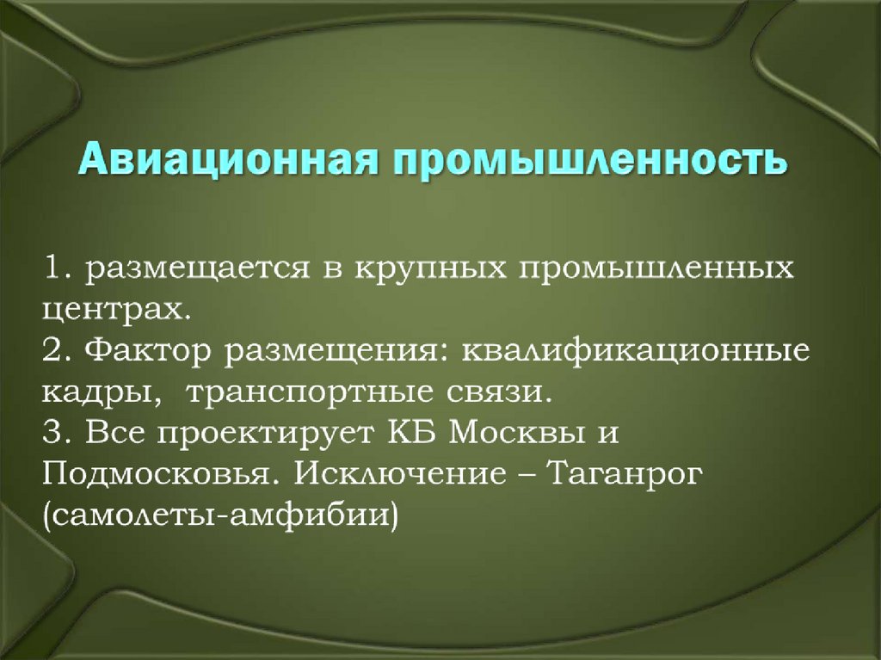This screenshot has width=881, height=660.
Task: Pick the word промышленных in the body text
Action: pos(656,269)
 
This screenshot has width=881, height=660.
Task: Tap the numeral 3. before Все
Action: pos(59,433)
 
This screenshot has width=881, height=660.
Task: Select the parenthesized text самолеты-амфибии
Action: pos(219,517)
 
